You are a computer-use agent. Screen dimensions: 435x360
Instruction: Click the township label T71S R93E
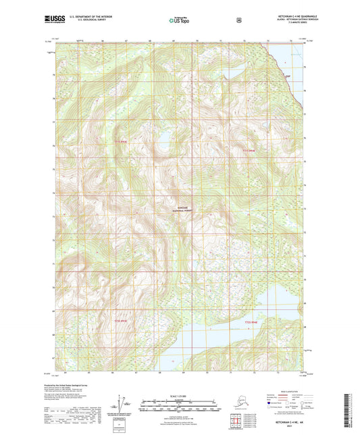(x=120, y=142)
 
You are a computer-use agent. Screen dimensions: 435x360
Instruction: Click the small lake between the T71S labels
(x=163, y=143)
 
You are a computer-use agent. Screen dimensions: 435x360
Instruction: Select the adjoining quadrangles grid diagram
(x=234, y=423)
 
